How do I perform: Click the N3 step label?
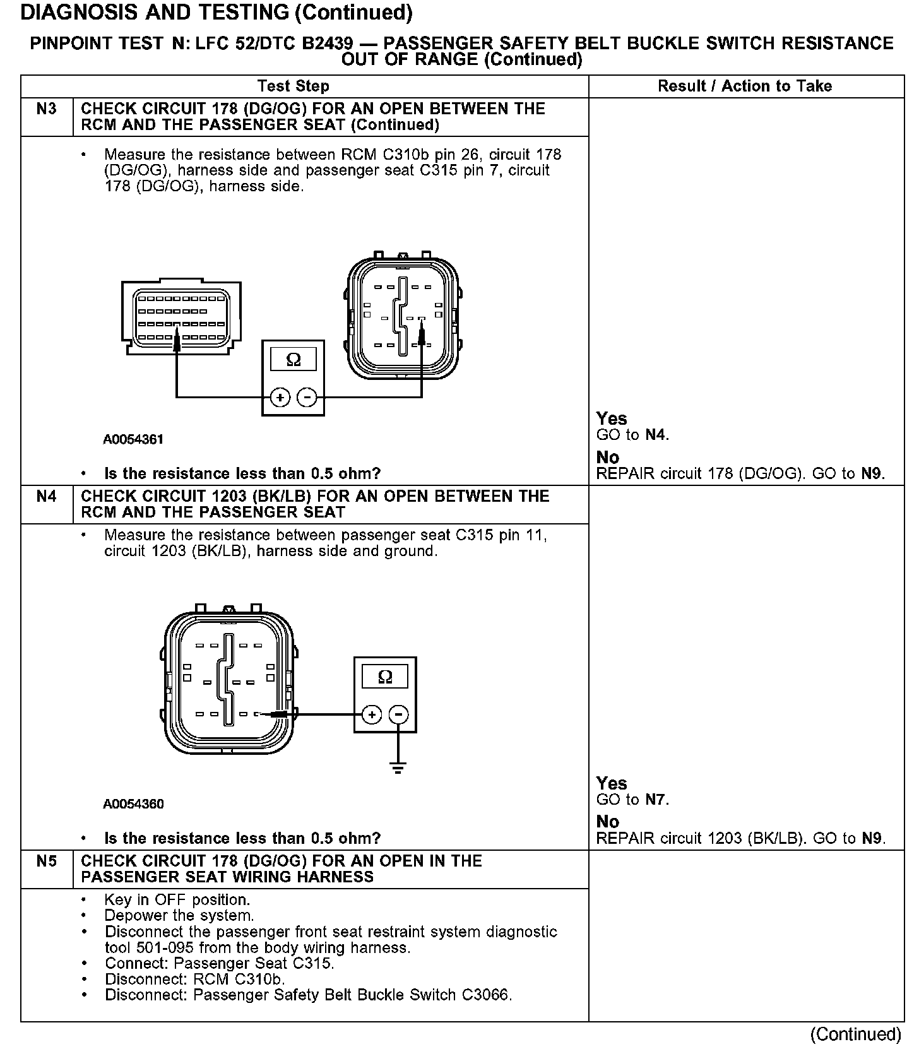tap(47, 109)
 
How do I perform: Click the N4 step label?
tap(47, 497)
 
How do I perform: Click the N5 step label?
tap(47, 862)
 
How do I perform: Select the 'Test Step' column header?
tap(293, 86)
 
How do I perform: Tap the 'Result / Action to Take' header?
tap(745, 86)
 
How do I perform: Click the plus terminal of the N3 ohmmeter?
tap(280, 398)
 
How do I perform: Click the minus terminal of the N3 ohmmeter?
tap(307, 398)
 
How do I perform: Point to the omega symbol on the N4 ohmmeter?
tap(384, 677)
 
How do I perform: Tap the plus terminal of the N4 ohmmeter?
tap(372, 715)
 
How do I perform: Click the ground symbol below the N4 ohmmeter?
tap(398, 768)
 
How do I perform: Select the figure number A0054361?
tap(133, 440)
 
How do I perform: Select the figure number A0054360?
tap(133, 804)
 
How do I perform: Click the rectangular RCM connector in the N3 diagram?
tap(181, 319)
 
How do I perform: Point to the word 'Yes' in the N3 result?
tap(612, 418)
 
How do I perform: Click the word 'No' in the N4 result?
tap(607, 822)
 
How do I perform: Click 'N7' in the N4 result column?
tap(656, 800)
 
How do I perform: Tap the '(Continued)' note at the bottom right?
tap(856, 1034)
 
